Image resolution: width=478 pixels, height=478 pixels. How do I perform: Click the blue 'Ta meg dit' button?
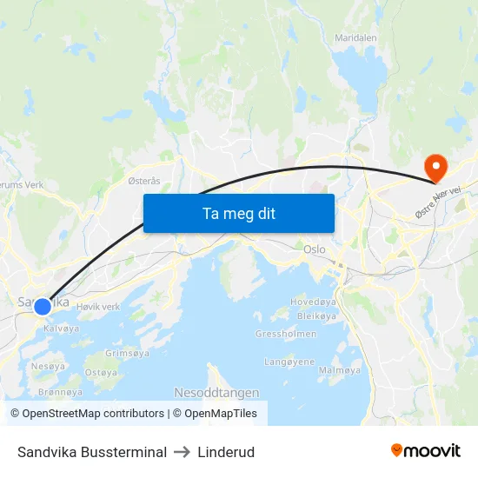[238, 213]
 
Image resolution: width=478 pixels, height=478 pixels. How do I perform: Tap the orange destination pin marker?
[433, 166]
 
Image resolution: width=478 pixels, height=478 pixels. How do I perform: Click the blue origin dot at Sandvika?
[43, 306]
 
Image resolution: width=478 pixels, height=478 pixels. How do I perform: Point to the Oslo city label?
[315, 249]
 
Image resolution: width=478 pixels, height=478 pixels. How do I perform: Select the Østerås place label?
[144, 181]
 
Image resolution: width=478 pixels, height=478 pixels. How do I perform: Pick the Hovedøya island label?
[313, 303]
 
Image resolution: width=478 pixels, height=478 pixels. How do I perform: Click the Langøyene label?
[289, 362]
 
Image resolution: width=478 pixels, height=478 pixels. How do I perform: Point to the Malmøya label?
[340, 370]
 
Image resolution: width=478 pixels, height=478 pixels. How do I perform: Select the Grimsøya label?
[128, 354]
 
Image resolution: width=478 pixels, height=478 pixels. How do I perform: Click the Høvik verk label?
[98, 307]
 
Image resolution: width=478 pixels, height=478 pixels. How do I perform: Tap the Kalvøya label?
[61, 329]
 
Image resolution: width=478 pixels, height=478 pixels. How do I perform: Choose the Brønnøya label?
[61, 392]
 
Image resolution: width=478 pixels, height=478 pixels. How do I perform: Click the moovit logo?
[426, 451]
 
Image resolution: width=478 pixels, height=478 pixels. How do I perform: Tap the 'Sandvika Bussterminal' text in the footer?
[92, 452]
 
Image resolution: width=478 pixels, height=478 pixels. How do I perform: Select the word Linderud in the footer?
[226, 452]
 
